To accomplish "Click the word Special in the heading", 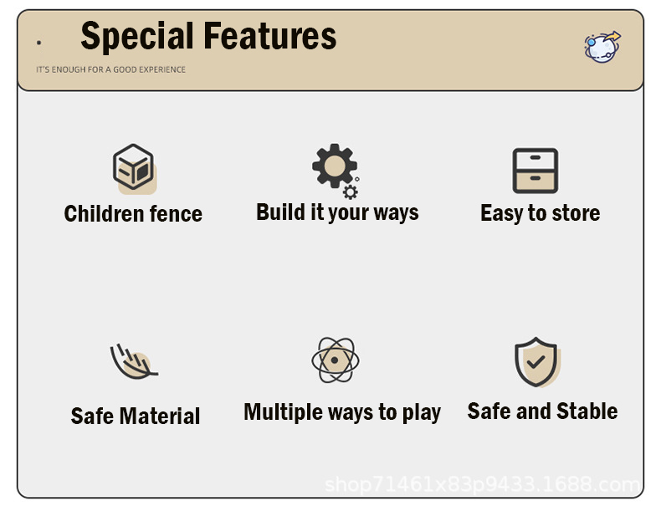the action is click(x=137, y=37).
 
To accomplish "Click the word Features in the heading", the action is click(x=270, y=36).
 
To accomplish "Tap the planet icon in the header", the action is click(x=602, y=47).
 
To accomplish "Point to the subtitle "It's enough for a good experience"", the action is click(x=111, y=69).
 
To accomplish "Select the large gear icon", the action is click(x=335, y=166).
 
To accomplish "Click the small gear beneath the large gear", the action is click(x=351, y=192).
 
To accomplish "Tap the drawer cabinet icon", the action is click(x=535, y=171).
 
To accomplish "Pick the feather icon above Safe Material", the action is click(x=134, y=361).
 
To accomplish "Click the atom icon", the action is click(x=336, y=360).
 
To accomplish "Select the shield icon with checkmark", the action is click(x=535, y=362).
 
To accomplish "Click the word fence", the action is click(x=177, y=213).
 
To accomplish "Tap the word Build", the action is click(x=281, y=212).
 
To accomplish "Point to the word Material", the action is click(x=160, y=416).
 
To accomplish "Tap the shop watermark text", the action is click(x=483, y=484).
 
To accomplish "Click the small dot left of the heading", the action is click(x=38, y=43).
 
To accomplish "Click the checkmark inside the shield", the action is click(x=535, y=361).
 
